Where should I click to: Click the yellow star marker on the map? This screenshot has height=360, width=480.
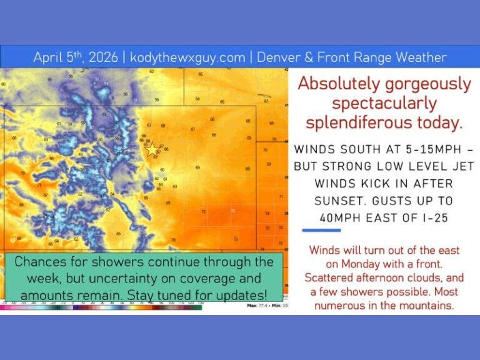[152, 149]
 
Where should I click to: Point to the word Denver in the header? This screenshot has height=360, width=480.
[280, 58]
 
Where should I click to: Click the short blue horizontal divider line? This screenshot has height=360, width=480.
[321, 231]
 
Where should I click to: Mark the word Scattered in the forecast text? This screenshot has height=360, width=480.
[330, 277]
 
